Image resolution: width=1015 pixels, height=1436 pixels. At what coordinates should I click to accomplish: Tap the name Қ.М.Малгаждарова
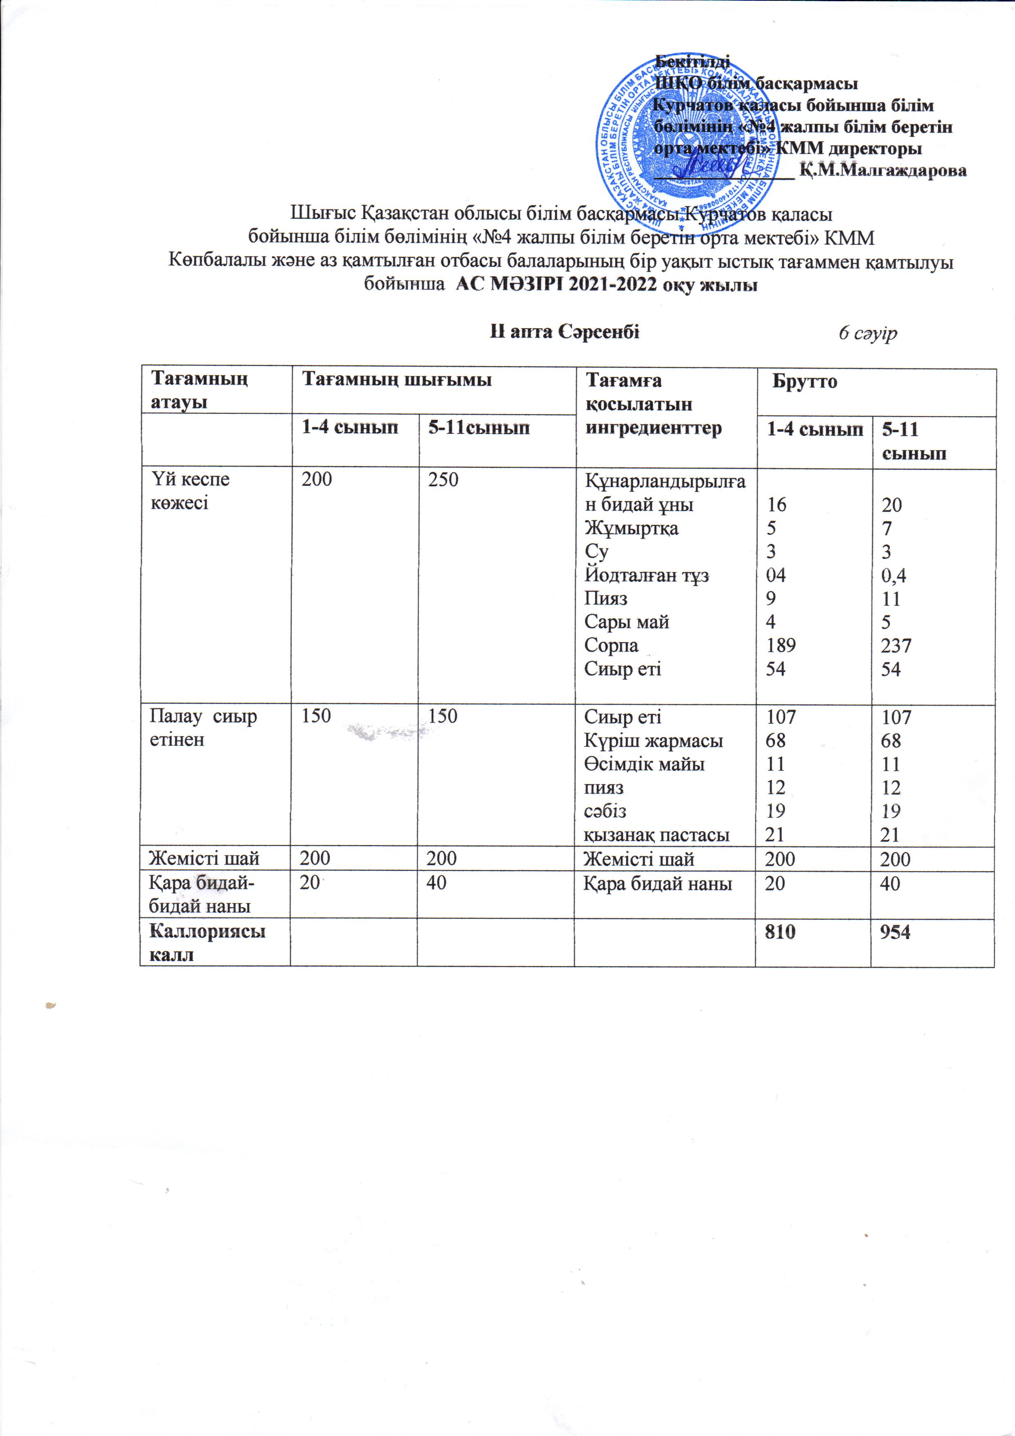click(x=883, y=170)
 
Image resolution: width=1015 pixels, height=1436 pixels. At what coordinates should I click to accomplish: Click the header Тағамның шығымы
click(x=396, y=380)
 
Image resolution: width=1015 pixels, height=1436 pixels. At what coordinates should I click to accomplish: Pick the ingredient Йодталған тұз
click(x=647, y=575)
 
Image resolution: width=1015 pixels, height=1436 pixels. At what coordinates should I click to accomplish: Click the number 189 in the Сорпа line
click(x=781, y=645)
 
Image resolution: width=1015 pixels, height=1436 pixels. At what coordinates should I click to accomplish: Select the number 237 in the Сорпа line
click(x=896, y=645)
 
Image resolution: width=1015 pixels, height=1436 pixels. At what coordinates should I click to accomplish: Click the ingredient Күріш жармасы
click(x=653, y=741)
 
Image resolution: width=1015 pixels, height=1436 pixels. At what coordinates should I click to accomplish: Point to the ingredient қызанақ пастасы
click(x=657, y=834)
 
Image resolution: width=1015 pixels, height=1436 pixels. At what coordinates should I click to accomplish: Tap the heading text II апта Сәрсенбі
click(x=565, y=332)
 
